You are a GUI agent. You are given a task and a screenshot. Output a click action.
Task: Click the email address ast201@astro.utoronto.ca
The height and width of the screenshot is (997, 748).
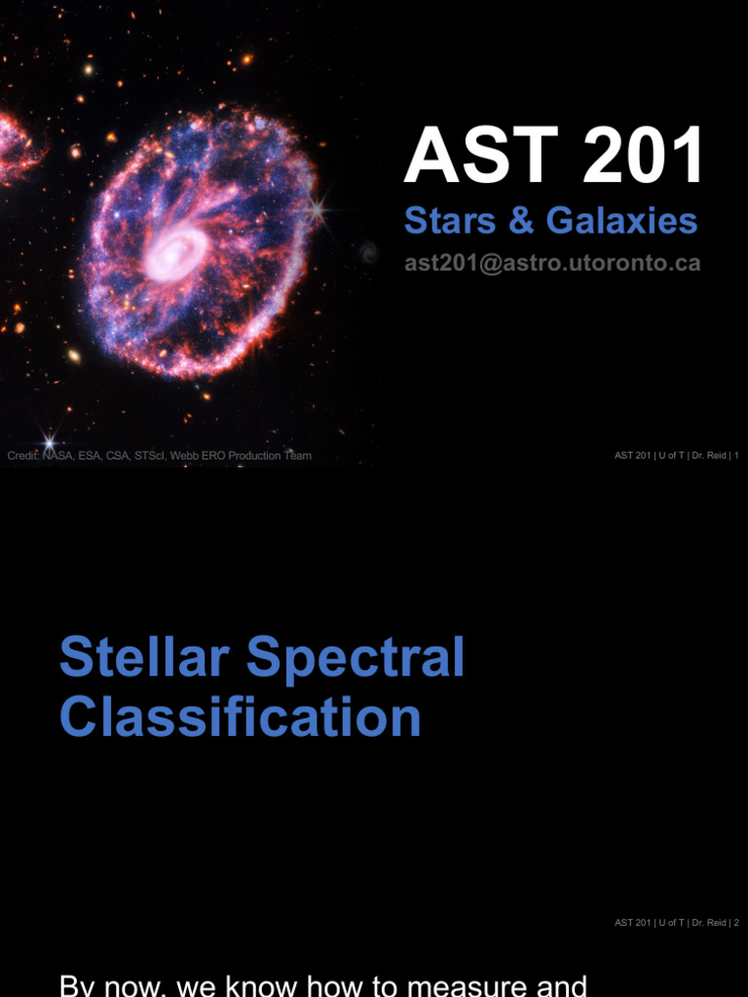point(552,263)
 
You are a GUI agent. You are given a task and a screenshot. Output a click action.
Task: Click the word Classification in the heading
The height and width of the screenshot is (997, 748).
point(240,718)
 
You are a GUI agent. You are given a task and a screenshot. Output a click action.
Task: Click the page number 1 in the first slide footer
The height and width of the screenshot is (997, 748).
point(736,456)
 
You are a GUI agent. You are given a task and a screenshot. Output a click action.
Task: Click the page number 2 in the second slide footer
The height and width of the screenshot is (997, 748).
point(736,922)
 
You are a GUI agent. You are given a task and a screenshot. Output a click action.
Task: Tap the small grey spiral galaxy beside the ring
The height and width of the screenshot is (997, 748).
point(368,253)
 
